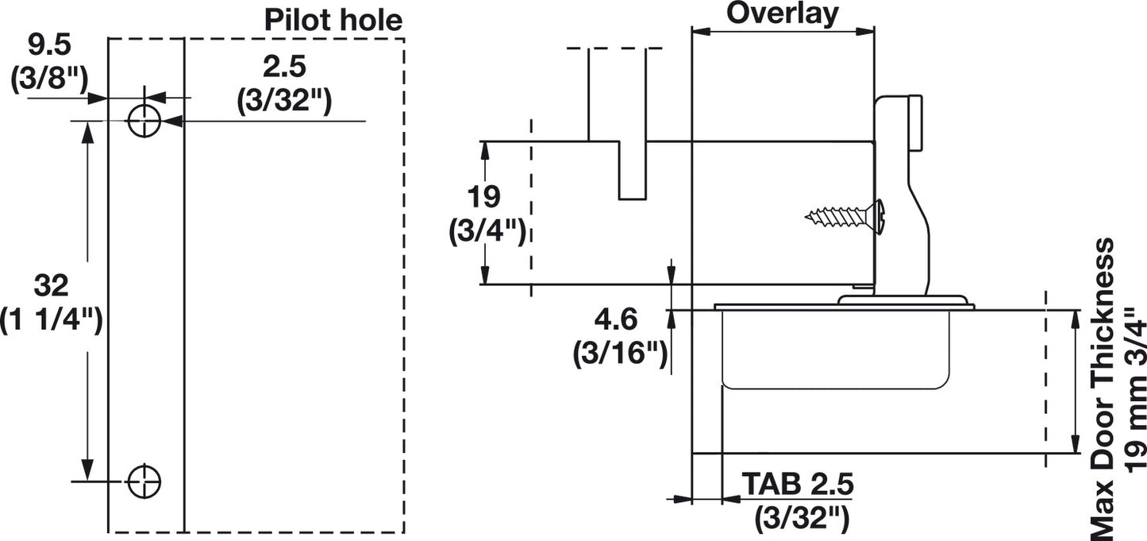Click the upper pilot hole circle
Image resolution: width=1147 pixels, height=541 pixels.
pyautogui.click(x=144, y=121)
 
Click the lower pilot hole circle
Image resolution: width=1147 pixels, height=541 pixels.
pyautogui.click(x=144, y=480)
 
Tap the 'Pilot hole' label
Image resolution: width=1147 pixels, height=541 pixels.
pyautogui.click(x=333, y=18)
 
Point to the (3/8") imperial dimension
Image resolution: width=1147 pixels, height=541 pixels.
pyautogui.click(x=48, y=81)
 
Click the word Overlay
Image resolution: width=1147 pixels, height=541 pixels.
pyautogui.click(x=782, y=13)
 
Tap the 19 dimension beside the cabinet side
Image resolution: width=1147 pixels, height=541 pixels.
pyautogui.click(x=484, y=196)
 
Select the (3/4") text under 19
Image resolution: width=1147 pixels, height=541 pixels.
pyautogui.click(x=486, y=231)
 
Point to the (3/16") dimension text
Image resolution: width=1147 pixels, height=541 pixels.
pyautogui.click(x=619, y=353)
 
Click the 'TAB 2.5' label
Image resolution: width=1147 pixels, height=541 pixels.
pyautogui.click(x=799, y=483)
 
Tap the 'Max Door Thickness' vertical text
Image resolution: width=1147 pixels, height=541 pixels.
pyautogui.click(x=1102, y=389)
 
